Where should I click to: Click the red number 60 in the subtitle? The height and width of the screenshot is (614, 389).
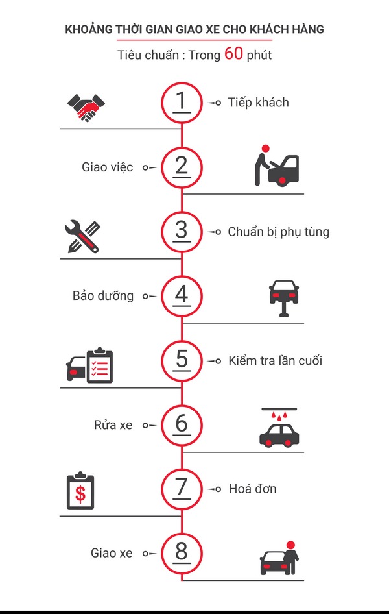pyautogui.click(x=234, y=54)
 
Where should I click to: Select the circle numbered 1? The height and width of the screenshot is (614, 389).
pyautogui.click(x=182, y=103)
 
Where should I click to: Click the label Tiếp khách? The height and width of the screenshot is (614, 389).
pyautogui.click(x=258, y=103)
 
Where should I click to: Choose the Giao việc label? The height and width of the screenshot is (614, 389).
pyautogui.click(x=108, y=167)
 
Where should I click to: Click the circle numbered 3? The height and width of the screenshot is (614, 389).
pyautogui.click(x=182, y=231)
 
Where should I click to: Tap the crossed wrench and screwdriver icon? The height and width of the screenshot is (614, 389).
pyautogui.click(x=82, y=236)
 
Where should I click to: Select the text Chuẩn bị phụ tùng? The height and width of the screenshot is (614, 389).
pyautogui.click(x=278, y=232)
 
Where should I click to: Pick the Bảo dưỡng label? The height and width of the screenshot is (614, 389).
pyautogui.click(x=103, y=296)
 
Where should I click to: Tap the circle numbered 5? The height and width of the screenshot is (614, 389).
pyautogui.click(x=182, y=360)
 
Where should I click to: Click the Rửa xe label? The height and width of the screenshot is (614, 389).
pyautogui.click(x=113, y=425)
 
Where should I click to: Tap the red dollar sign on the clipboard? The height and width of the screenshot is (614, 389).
pyautogui.click(x=80, y=494)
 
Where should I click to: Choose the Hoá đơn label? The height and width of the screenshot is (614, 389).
pyautogui.click(x=252, y=489)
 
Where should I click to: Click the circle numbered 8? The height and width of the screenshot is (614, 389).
pyautogui.click(x=182, y=553)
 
